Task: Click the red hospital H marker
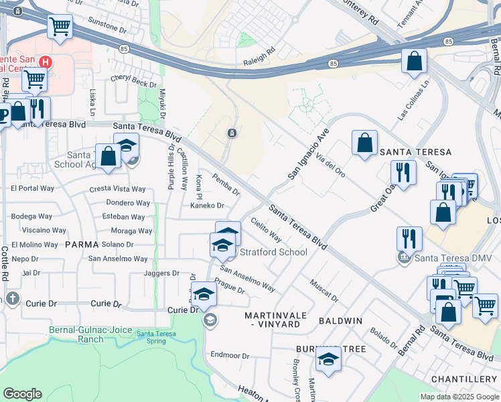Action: (x=45, y=62)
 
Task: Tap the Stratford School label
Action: (x=274, y=253)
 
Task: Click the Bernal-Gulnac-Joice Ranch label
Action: (x=76, y=334)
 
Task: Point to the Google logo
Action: (x=22, y=394)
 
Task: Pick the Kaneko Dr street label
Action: (x=206, y=206)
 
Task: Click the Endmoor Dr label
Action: (x=230, y=354)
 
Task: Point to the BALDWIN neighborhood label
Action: (x=340, y=321)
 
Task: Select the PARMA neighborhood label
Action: (x=82, y=245)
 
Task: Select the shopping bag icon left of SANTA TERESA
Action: (x=364, y=143)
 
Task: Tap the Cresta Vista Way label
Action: (x=118, y=190)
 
